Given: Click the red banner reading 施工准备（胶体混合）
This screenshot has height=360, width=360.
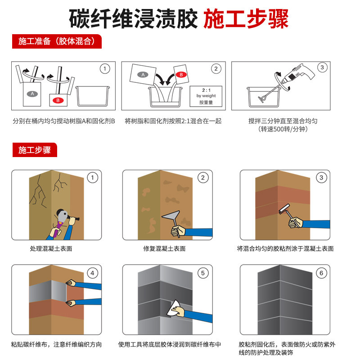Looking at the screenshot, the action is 56,41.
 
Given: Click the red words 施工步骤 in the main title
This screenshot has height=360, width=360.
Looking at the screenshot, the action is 246,18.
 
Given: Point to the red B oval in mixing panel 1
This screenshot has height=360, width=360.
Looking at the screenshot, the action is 57,99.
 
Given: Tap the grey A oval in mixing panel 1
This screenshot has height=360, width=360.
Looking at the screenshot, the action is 31,94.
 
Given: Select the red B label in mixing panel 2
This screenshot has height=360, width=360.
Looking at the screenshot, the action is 180,74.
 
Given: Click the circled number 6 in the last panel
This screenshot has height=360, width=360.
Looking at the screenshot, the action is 321,273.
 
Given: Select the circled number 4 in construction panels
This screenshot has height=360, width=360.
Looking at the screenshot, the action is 92,273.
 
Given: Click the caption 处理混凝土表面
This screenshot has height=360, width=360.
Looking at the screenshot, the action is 51,248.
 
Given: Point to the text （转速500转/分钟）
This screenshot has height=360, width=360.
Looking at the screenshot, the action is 283,129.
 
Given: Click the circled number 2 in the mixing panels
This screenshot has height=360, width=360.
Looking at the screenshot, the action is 216,69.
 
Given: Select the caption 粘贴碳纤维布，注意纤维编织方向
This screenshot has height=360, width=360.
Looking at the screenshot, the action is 56,345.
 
